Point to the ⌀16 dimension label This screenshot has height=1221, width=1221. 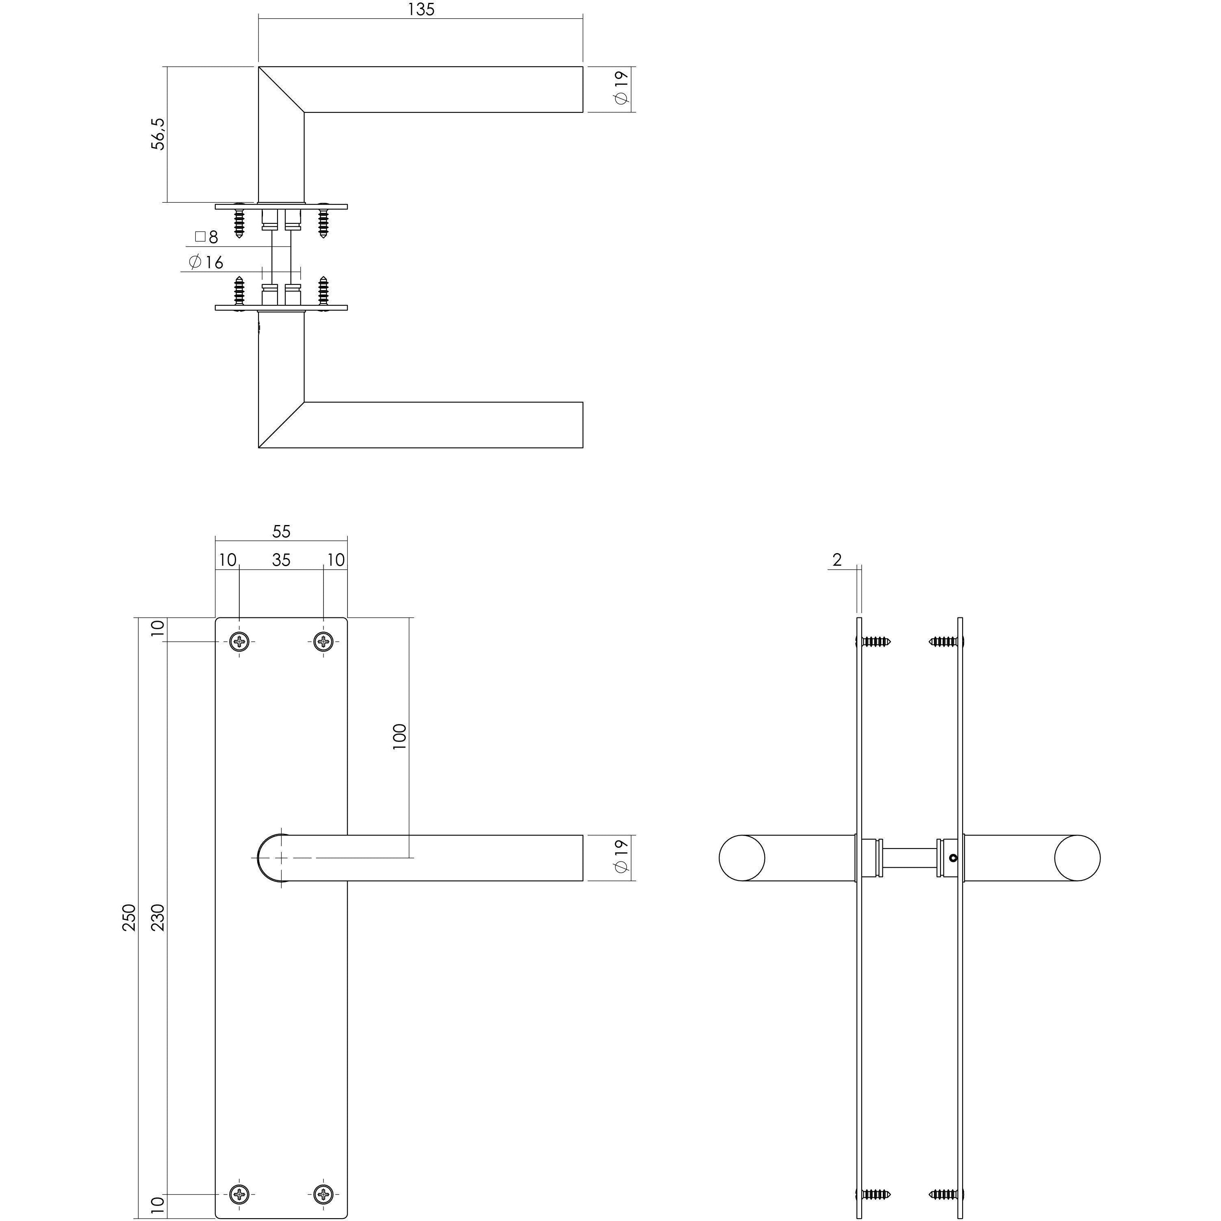(x=206, y=262)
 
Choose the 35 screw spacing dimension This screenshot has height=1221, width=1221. (x=281, y=560)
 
